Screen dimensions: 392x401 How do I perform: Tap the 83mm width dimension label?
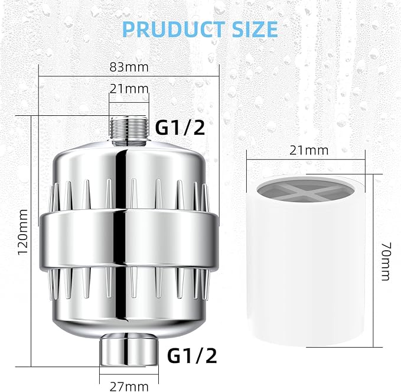129,66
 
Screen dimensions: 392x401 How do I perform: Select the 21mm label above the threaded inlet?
129,89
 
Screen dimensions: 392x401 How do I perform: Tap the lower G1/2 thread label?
192,356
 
